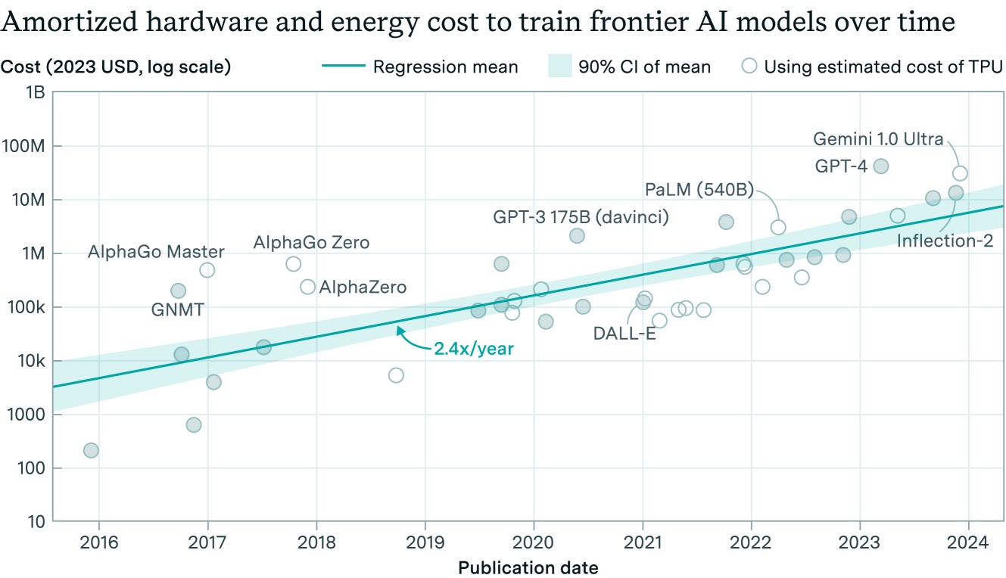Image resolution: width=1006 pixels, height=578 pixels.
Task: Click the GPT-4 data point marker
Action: click(x=880, y=166)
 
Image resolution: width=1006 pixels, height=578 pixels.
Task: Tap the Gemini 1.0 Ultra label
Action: click(x=878, y=139)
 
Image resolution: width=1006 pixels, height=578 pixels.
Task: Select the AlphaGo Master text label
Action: click(x=156, y=252)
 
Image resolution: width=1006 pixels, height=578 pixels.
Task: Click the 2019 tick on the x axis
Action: click(x=425, y=543)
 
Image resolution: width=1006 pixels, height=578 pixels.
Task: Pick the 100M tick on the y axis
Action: click(x=30, y=146)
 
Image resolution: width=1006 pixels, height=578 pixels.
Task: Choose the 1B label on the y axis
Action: click(x=36, y=92)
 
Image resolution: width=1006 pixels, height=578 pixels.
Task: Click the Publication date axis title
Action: click(x=528, y=567)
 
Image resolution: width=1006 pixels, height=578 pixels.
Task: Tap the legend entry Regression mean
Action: click(x=445, y=67)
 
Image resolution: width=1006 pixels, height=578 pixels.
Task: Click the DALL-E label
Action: click(x=624, y=334)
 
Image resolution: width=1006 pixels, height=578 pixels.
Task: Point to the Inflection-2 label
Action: click(x=945, y=241)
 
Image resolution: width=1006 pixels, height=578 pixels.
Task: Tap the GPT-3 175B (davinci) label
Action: click(x=581, y=217)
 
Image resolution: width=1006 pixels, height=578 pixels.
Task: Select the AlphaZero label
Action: click(x=363, y=287)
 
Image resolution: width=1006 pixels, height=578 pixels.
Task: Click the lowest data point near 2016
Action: click(x=91, y=451)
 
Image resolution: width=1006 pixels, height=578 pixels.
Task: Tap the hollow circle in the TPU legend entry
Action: click(x=749, y=67)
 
